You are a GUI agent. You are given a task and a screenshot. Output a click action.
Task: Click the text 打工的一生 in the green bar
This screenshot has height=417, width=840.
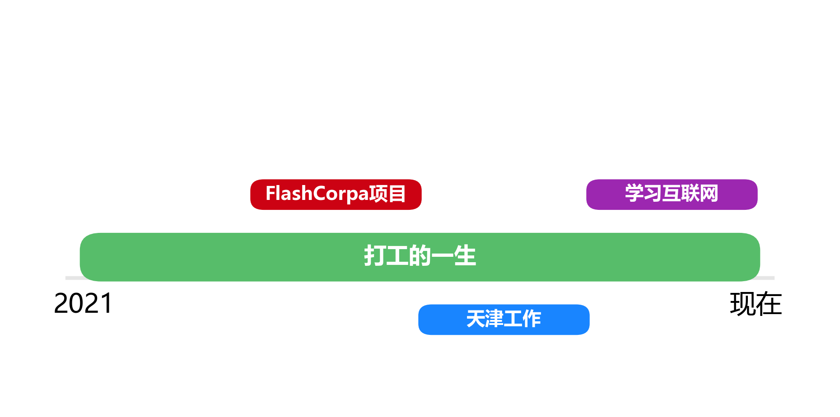tap(420, 256)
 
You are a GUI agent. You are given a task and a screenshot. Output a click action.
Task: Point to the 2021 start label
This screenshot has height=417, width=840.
tap(83, 303)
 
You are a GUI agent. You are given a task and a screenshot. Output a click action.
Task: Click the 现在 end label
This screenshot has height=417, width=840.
tap(755, 304)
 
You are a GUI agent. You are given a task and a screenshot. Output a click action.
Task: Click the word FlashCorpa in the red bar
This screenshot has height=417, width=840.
tap(317, 194)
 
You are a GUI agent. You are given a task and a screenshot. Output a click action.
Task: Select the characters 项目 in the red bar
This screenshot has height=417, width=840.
tap(387, 194)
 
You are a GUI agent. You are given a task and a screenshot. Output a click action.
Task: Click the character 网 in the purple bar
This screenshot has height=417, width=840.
tap(709, 194)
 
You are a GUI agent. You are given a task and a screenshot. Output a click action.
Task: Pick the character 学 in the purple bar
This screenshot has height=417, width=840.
tap(634, 194)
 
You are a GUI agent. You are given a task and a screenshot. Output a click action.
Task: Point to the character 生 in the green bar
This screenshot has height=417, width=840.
tap(465, 256)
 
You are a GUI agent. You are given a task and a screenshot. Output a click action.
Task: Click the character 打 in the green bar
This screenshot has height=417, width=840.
tap(375, 256)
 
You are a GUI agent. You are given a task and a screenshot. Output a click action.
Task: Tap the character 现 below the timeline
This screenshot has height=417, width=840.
tap(742, 304)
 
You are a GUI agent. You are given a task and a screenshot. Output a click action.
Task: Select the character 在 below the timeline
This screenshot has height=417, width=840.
tap(769, 304)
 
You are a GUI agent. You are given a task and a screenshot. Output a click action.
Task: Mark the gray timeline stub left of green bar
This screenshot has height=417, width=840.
tap(71, 278)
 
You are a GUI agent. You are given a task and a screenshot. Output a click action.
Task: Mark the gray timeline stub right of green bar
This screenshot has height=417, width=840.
tap(768, 278)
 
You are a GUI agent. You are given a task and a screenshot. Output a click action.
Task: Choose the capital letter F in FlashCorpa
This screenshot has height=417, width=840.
tap(270, 194)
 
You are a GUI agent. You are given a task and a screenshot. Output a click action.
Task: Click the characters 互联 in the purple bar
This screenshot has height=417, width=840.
tap(681, 194)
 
